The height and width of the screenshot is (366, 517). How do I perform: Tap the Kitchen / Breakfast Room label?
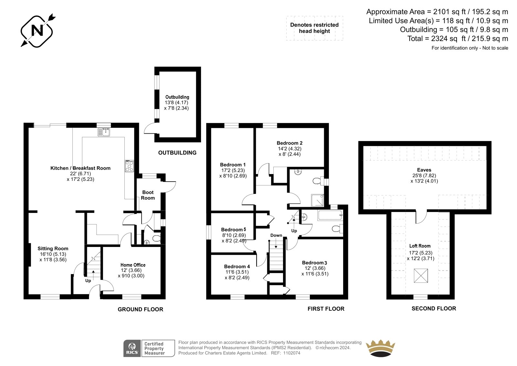[80, 168]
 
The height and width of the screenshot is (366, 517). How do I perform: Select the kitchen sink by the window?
[104, 132]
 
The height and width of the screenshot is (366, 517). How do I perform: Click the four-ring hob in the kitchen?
[129, 166]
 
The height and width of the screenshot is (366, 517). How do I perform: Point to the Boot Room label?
[148, 195]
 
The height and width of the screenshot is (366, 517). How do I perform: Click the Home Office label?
[133, 265]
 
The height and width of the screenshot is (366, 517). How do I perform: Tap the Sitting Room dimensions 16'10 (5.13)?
[53, 254]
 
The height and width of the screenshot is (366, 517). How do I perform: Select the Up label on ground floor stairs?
[88, 281]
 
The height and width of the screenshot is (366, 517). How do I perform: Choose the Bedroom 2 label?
[290, 143]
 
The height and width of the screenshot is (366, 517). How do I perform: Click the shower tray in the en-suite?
[318, 200]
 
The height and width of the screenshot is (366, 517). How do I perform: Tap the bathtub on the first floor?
[330, 215]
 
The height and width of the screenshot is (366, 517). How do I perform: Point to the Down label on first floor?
[276, 235]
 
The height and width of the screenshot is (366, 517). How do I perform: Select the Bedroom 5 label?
[233, 229]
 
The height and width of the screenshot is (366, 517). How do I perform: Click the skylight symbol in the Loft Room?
[421, 276]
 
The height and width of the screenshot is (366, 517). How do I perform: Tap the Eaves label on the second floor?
[424, 170]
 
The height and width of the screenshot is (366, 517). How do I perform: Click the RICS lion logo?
[132, 348]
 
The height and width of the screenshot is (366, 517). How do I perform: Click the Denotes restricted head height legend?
[314, 28]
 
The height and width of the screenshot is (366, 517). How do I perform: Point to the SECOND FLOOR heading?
[434, 308]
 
